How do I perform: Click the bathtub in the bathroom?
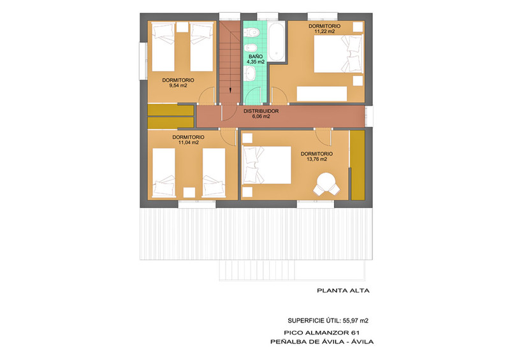pos(277,41)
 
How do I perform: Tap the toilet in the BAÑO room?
pos(251,32)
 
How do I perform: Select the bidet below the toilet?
pos(251,48)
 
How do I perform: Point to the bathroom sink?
pos(250,73)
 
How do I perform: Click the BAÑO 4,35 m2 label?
pos(256,59)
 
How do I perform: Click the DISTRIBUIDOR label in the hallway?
pos(261,111)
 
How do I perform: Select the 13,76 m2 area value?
pos(316,159)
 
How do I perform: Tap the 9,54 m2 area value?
pos(178,86)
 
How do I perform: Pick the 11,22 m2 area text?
pos(324,32)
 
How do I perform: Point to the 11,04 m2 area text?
pos(188,143)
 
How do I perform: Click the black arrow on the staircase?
pos(230,90)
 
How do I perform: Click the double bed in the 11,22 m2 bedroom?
pos(339,54)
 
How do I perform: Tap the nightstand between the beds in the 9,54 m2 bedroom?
pos(182,27)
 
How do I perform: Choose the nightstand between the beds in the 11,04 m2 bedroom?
pos(189,192)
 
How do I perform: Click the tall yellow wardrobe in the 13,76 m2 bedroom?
pos(358,165)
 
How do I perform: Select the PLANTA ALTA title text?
pos(343,291)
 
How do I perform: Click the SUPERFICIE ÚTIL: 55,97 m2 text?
pos(328,320)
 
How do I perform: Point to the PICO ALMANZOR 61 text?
pos(321,333)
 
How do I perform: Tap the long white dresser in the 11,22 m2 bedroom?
pos(322,94)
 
